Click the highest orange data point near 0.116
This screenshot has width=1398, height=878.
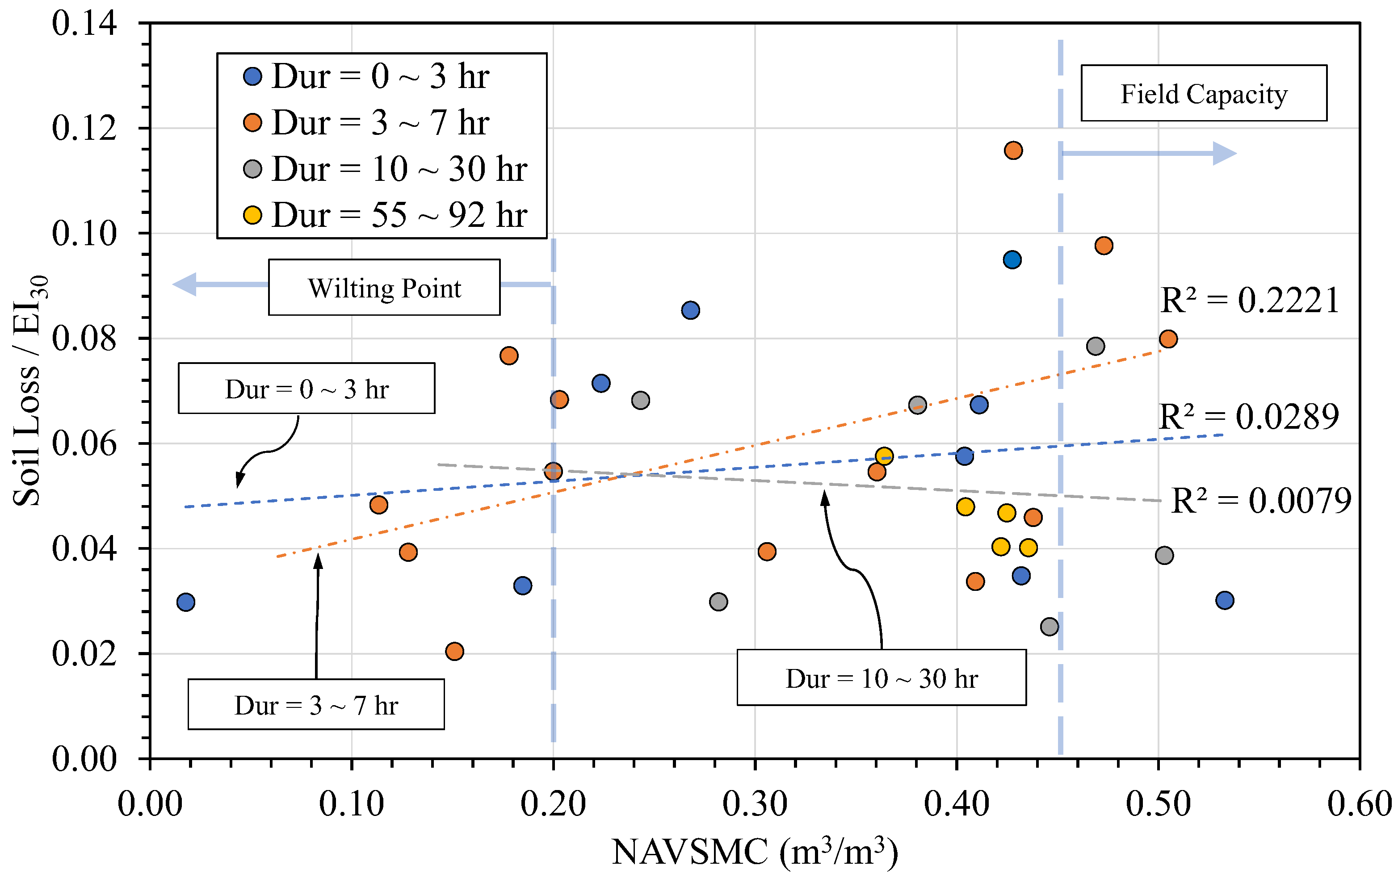click(1013, 151)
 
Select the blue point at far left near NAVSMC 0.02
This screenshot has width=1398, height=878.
click(186, 602)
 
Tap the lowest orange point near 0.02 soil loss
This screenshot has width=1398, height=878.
click(454, 651)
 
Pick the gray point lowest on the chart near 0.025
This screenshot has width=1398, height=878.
click(1050, 626)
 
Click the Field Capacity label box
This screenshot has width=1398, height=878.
click(1204, 93)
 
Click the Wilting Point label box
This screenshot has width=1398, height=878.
click(384, 288)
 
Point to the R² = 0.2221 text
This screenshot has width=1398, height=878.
click(1249, 301)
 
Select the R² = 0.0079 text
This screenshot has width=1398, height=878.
click(1261, 501)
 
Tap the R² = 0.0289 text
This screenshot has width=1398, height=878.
click(1248, 417)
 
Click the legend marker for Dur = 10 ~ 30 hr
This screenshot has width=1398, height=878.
click(252, 169)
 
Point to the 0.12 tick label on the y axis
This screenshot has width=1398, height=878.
click(84, 128)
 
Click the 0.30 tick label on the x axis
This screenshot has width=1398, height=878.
click(755, 804)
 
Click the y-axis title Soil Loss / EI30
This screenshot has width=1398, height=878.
click(29, 390)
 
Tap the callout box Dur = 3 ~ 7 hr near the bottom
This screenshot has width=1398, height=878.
click(316, 704)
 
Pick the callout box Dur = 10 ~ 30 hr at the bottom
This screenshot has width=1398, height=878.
click(882, 678)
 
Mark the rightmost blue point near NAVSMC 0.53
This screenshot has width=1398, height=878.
click(1224, 600)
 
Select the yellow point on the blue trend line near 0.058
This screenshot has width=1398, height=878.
click(884, 456)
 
